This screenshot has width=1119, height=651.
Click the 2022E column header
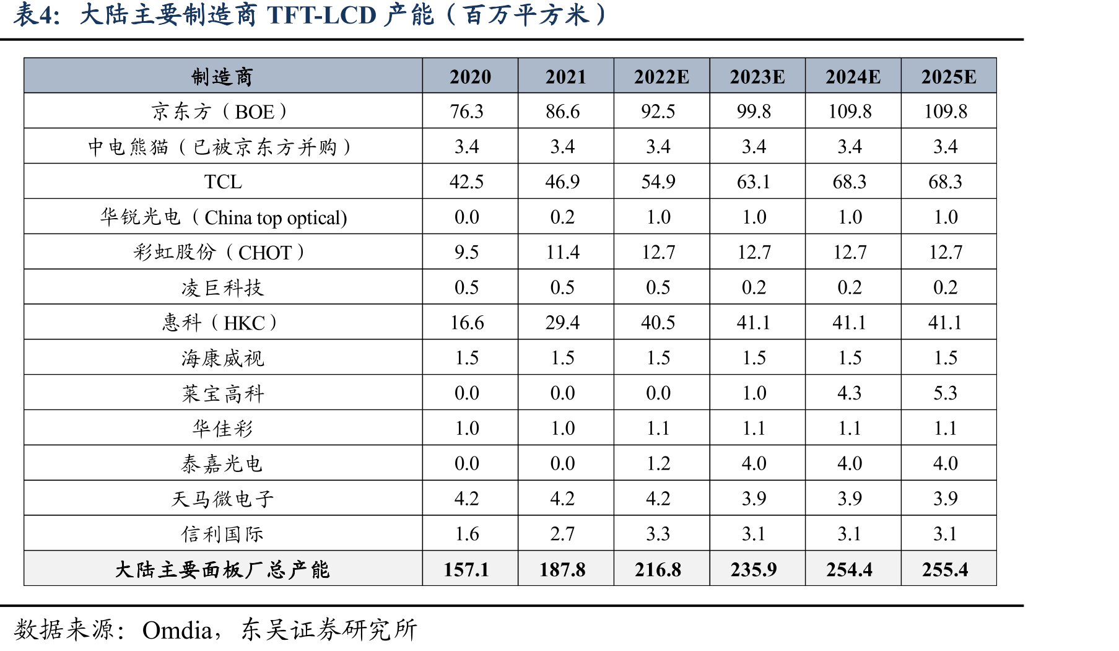[x=661, y=77]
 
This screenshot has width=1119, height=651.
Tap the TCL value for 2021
[x=562, y=182]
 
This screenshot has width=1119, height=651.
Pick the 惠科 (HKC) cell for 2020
[x=467, y=323]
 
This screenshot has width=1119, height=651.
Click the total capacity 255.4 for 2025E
[x=945, y=569]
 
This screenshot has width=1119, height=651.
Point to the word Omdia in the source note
[x=177, y=631]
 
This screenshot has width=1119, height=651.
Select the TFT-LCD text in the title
[x=321, y=15]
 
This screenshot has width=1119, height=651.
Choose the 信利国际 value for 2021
[x=562, y=534]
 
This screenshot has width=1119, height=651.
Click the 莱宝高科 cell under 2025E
[x=945, y=393]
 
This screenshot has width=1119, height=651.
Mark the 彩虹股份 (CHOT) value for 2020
[x=467, y=253]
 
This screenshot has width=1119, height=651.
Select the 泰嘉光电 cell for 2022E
[x=658, y=463]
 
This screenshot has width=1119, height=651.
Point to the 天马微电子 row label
[x=222, y=499]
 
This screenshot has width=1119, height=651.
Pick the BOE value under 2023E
[x=754, y=111]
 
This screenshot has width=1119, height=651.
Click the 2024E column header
[x=853, y=77]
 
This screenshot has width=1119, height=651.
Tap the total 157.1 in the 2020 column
[x=466, y=569]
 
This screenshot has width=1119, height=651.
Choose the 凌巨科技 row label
[x=222, y=287]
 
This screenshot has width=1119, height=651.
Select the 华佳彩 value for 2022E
[x=658, y=428]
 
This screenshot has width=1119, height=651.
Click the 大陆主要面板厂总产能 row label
[x=222, y=569]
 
